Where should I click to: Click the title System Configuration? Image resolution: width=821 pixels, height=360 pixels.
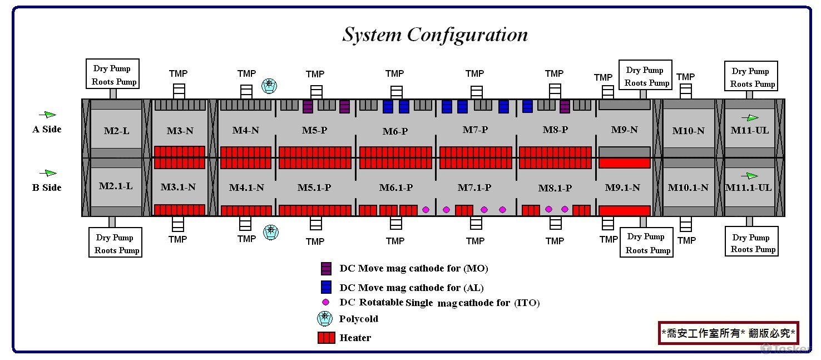[434, 34]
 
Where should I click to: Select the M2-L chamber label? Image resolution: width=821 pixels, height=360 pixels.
[116, 131]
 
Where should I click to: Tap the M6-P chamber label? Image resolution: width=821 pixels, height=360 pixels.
[395, 131]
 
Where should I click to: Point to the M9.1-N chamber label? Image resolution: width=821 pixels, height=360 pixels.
[622, 188]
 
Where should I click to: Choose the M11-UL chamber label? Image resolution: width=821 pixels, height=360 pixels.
[750, 131]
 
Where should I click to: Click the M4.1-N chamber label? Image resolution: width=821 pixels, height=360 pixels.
[246, 188]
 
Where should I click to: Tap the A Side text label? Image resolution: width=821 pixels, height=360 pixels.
[47, 129]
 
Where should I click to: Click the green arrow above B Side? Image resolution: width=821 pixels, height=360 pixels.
[50, 173]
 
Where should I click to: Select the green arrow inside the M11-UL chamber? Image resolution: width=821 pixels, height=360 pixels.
[750, 117]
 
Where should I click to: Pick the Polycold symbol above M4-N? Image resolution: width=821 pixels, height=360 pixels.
[269, 86]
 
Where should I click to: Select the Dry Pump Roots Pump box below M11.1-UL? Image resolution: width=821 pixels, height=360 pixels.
[750, 243]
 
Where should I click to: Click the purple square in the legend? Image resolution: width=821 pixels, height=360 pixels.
[326, 268]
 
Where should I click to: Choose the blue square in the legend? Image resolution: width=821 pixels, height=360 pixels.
[326, 287]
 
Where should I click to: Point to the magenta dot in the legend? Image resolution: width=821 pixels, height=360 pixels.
[326, 302]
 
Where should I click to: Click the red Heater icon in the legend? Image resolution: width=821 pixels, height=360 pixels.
[326, 338]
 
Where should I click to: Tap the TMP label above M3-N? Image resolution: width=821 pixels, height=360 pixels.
[178, 73]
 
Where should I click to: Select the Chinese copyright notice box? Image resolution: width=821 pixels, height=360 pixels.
[728, 333]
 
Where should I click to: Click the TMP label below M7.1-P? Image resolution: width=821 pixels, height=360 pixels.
[475, 241]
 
